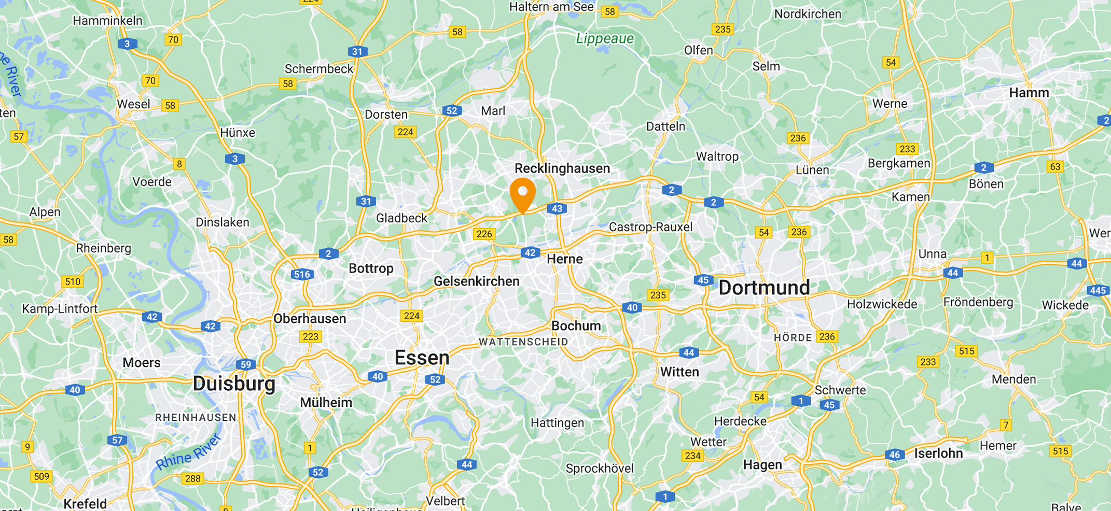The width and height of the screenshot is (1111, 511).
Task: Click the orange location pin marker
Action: point(522,193)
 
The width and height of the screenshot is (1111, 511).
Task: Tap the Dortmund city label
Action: point(763,288)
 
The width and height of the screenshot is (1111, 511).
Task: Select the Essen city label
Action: point(422,358)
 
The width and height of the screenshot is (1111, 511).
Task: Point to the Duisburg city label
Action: point(234,384)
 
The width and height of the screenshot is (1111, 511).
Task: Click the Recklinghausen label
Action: point(562,168)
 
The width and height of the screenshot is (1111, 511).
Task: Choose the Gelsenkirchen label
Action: point(476,281)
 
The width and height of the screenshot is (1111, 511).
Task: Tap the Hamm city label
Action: point(1029,93)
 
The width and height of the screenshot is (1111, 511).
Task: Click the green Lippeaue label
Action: point(605,39)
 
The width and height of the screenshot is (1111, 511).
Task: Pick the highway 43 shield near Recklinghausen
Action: point(557,209)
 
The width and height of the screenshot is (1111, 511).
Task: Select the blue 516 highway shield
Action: point(302,275)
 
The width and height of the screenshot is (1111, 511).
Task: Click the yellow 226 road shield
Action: point(484,234)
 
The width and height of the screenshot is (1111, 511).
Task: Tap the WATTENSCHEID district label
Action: point(523,342)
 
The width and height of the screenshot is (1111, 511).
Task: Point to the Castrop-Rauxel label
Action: point(650,227)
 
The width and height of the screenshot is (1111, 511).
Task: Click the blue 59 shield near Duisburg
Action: point(246,364)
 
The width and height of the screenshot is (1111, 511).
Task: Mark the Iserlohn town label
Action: point(938,453)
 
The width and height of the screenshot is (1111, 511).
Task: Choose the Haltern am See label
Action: point(551,7)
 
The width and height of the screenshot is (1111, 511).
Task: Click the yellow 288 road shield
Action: point(192,478)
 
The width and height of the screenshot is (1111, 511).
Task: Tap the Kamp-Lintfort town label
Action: point(60,309)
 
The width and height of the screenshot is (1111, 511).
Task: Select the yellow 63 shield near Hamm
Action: point(1055,167)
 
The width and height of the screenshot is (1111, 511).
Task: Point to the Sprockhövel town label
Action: point(600,469)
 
